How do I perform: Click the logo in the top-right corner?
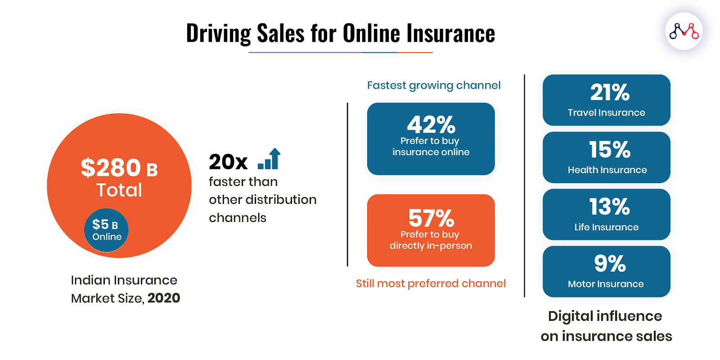pyautogui.click(x=684, y=31)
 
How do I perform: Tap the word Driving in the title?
pyautogui.click(x=219, y=33)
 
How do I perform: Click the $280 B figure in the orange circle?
pyautogui.click(x=119, y=167)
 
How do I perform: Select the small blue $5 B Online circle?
pyautogui.click(x=106, y=230)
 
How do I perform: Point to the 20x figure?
pyautogui.click(x=228, y=162)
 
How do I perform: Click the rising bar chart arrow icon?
pyautogui.click(x=270, y=159)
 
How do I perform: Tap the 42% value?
pyautogui.click(x=431, y=125)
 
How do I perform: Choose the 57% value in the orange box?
pyautogui.click(x=431, y=218)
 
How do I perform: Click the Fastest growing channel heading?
pyautogui.click(x=434, y=85)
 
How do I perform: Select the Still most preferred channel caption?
pyautogui.click(x=431, y=283)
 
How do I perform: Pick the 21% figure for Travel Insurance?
pyautogui.click(x=610, y=93)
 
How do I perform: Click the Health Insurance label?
pyautogui.click(x=607, y=170)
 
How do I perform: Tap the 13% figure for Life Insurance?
pyautogui.click(x=609, y=207)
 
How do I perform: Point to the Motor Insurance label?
pyautogui.click(x=606, y=284)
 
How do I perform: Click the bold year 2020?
pyautogui.click(x=164, y=298)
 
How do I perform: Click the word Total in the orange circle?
pyautogui.click(x=119, y=190)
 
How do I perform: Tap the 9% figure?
pyautogui.click(x=610, y=264)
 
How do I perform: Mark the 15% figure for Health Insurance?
pyautogui.click(x=610, y=150)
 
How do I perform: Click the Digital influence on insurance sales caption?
pyautogui.click(x=606, y=326)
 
